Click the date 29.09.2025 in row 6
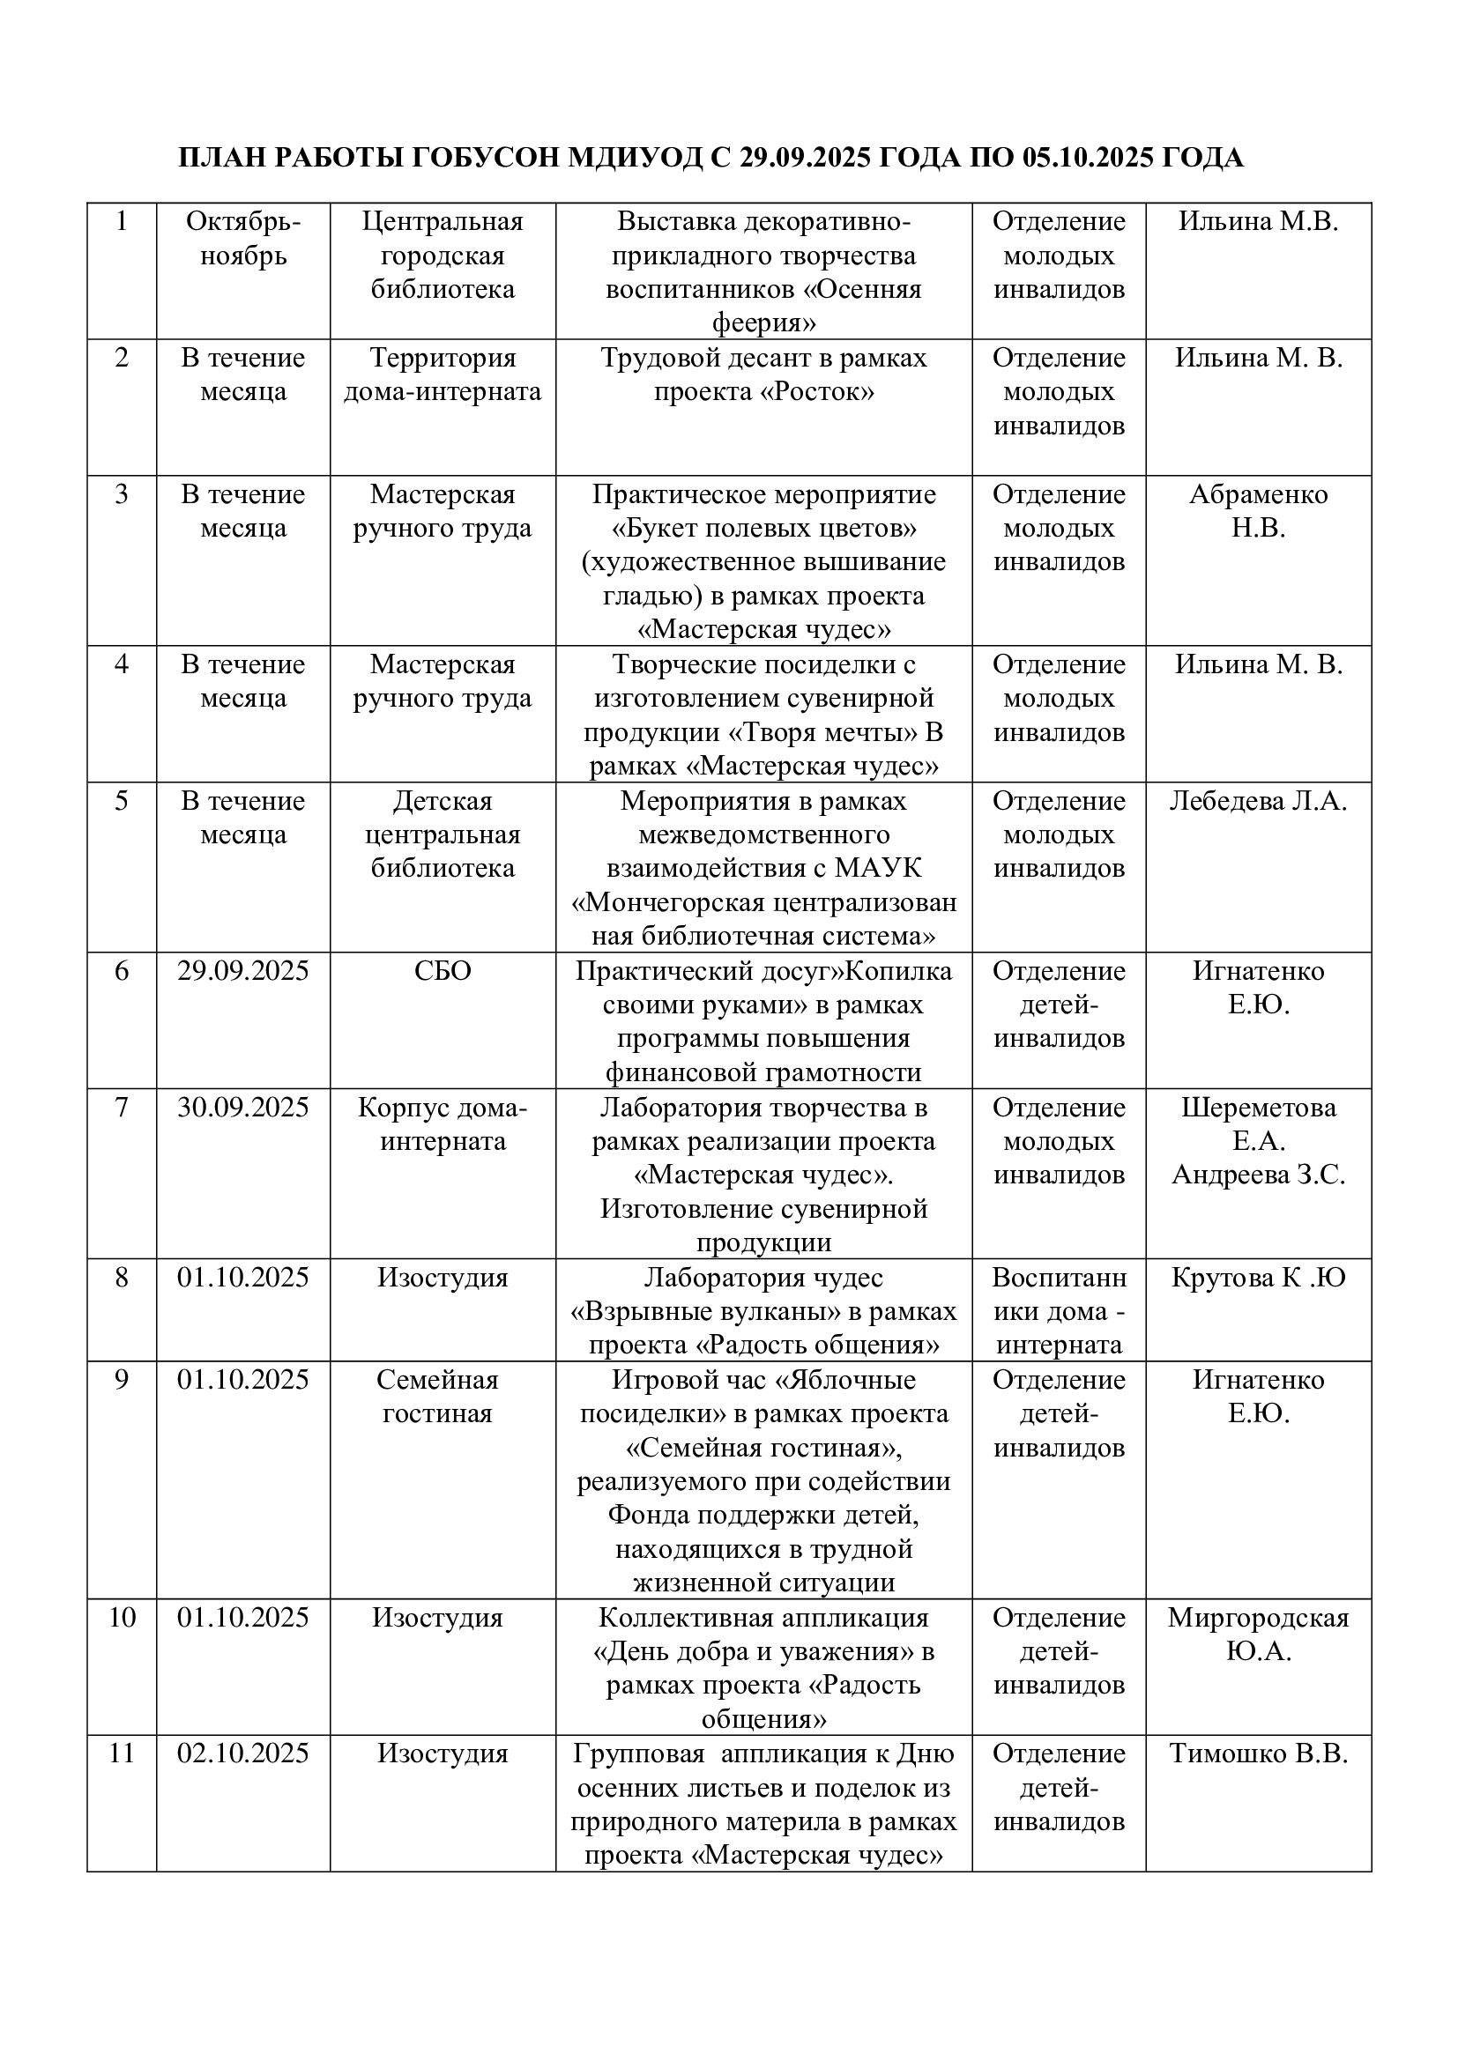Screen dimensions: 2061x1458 tap(242, 971)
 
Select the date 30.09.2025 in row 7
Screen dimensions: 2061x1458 tap(242, 1108)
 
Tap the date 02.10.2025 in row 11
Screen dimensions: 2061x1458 tap(242, 1753)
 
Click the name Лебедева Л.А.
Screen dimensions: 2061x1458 tap(1258, 801)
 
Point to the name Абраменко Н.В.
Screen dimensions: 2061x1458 tap(1258, 511)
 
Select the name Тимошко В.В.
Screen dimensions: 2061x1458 tap(1258, 1753)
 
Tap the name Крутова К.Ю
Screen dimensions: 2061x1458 tap(1258, 1278)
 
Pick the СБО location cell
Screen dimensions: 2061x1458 tap(443, 971)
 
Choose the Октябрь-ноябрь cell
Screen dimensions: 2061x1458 tap(242, 239)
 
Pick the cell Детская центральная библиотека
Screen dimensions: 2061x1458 tap(443, 834)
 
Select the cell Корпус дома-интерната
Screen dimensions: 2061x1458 tap(443, 1124)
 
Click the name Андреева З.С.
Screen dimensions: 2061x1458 tap(1258, 1175)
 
